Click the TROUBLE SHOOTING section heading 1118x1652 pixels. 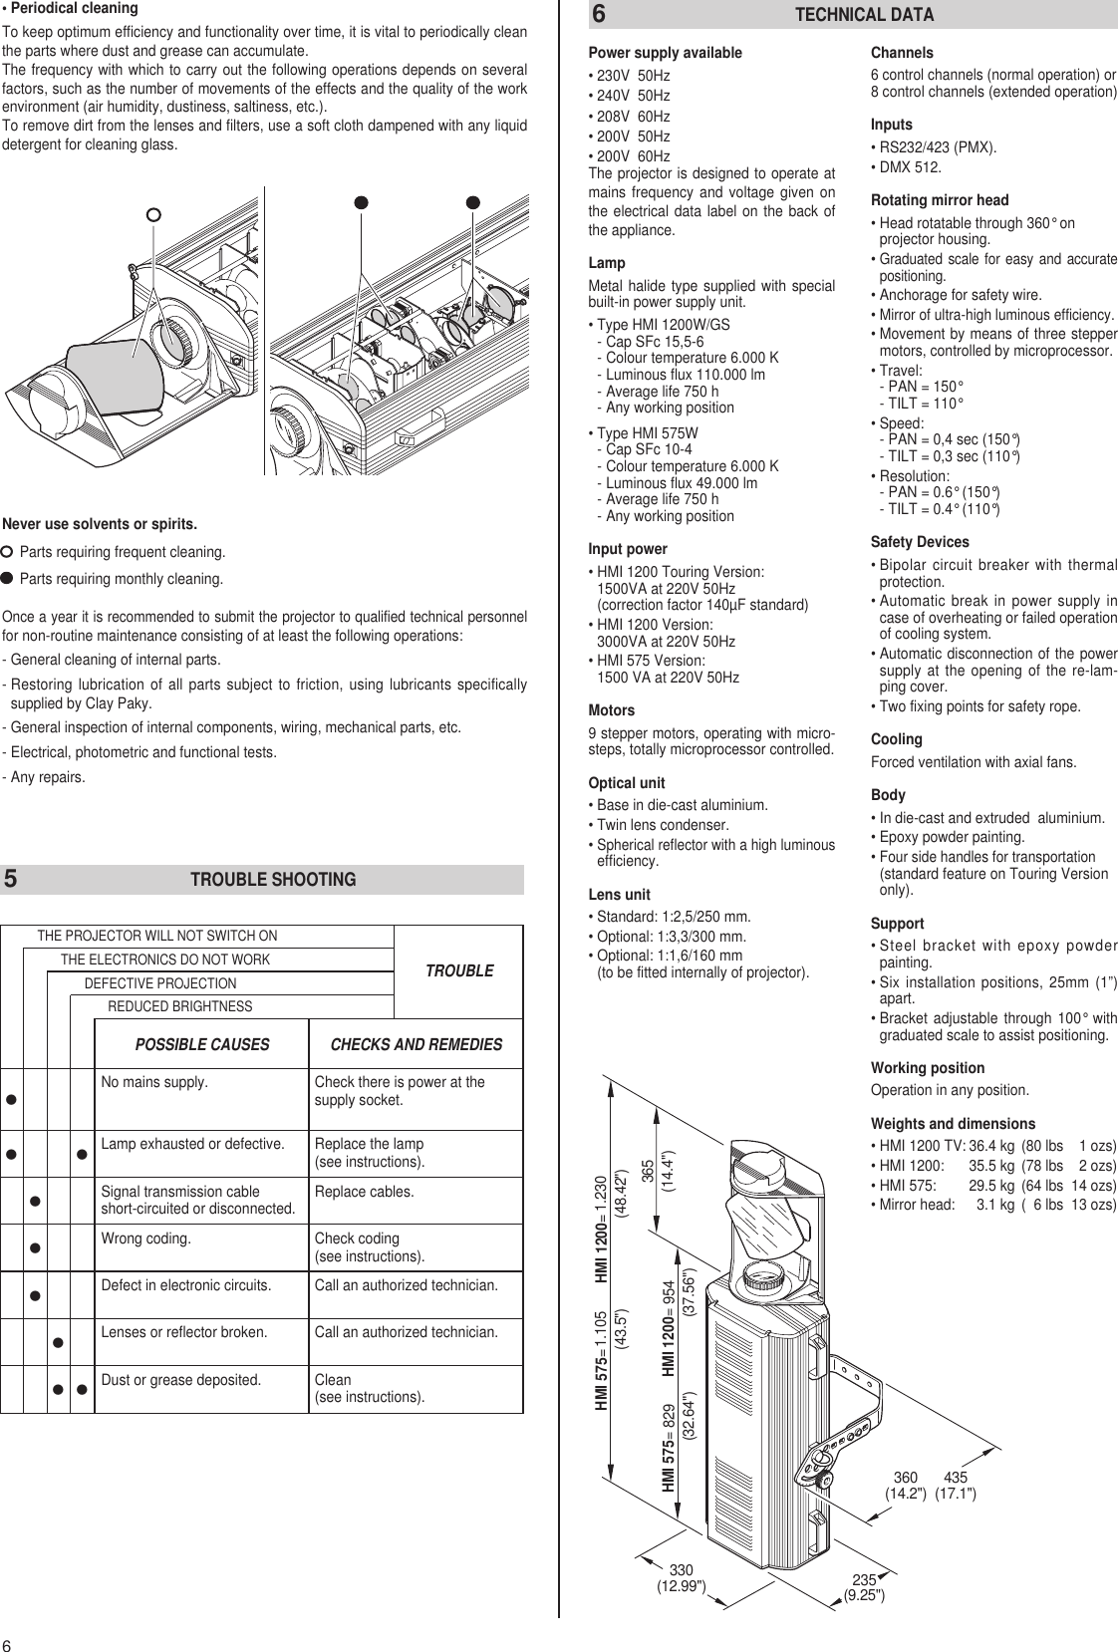click(272, 880)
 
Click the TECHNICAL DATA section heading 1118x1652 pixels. click(864, 15)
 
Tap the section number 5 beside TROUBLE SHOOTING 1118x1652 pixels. click(10, 880)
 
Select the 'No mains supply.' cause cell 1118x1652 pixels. click(154, 1083)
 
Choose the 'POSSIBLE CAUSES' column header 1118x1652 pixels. click(202, 1045)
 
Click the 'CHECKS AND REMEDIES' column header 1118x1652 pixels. click(416, 1045)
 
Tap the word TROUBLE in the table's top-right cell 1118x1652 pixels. click(459, 970)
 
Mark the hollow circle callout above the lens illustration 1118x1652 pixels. click(152, 214)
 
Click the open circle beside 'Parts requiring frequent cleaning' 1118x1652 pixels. click(8, 552)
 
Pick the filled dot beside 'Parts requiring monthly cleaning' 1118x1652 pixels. click(8, 578)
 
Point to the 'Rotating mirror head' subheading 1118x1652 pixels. click(940, 200)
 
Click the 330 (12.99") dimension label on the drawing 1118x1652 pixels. click(681, 1579)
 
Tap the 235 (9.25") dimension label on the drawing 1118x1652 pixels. click(864, 1587)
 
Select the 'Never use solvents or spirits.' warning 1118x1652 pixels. click(100, 524)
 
